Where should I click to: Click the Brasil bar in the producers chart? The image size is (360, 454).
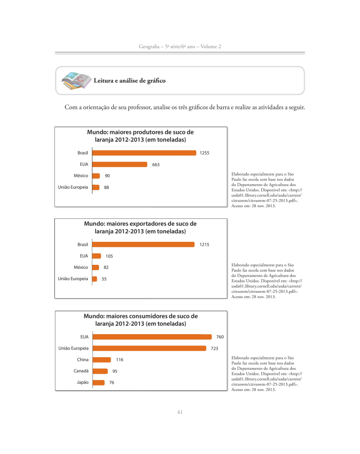coord(144,153)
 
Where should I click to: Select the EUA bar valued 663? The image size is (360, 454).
coord(120,164)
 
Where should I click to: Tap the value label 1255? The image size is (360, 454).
coord(204,153)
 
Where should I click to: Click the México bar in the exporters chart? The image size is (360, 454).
coord(95,268)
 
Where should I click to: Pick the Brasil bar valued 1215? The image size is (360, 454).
coord(143,245)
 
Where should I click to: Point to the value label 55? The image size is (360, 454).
coord(104,279)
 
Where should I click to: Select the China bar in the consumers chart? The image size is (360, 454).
coord(101,360)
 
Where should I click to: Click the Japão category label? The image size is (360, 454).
coord(81,383)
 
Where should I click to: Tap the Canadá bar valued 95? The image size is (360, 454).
coord(100,371)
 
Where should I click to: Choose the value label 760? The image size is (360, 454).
coord(220,337)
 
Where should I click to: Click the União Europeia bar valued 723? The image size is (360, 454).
coord(149,348)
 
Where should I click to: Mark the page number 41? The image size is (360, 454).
coord(180,412)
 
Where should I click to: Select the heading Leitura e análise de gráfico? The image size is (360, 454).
coord(129,81)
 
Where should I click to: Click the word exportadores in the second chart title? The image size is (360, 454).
coord(148,224)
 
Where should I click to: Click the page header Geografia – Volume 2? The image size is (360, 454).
coord(180,47)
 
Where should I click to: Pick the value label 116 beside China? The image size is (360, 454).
coord(119,360)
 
